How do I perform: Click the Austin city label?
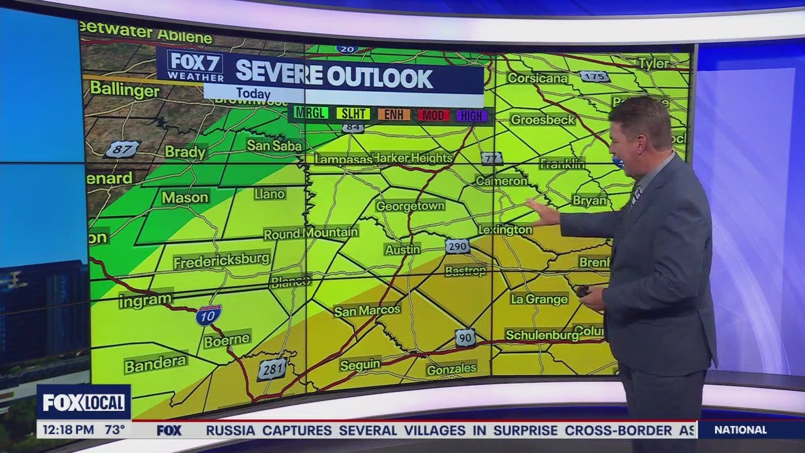(x=402, y=249)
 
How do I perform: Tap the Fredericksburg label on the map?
(x=221, y=259)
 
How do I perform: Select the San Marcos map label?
(x=367, y=310)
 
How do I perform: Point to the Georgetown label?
(x=410, y=206)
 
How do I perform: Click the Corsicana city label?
(x=537, y=78)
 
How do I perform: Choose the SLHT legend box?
(x=353, y=115)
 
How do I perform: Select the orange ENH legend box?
(x=394, y=115)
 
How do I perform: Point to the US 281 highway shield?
(x=272, y=369)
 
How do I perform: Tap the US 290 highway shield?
(x=457, y=246)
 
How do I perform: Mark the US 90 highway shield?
(x=465, y=338)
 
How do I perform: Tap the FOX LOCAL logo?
(x=84, y=402)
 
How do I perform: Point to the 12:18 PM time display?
(x=65, y=430)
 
